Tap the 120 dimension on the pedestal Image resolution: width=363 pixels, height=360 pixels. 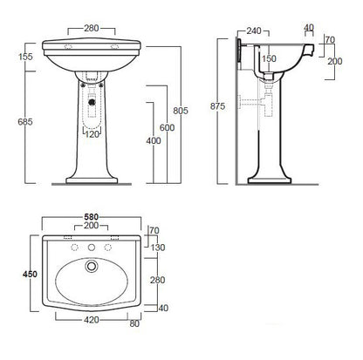tap(91, 134)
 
